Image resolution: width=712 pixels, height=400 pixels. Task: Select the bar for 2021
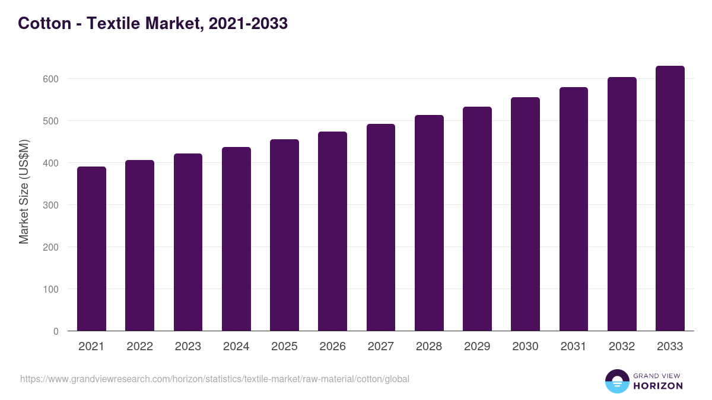tap(91, 249)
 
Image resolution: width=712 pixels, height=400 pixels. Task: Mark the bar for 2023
tap(188, 242)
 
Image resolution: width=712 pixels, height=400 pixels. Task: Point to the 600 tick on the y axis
tap(52, 79)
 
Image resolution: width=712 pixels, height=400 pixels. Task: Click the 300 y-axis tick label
tap(52, 205)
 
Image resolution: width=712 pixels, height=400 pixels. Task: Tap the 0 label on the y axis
tap(56, 331)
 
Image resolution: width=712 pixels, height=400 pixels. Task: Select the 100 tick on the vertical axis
tap(52, 289)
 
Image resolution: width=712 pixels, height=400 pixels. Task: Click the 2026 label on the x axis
tap(332, 347)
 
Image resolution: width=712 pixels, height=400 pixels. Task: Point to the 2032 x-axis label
tap(622, 347)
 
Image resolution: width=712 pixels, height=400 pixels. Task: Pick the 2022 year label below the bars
tap(139, 347)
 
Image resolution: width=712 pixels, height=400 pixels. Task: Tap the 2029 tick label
tap(477, 347)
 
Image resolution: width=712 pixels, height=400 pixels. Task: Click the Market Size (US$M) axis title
tap(24, 192)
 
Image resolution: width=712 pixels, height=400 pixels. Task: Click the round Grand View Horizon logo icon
tap(616, 381)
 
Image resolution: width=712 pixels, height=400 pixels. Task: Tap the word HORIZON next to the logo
tap(657, 386)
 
